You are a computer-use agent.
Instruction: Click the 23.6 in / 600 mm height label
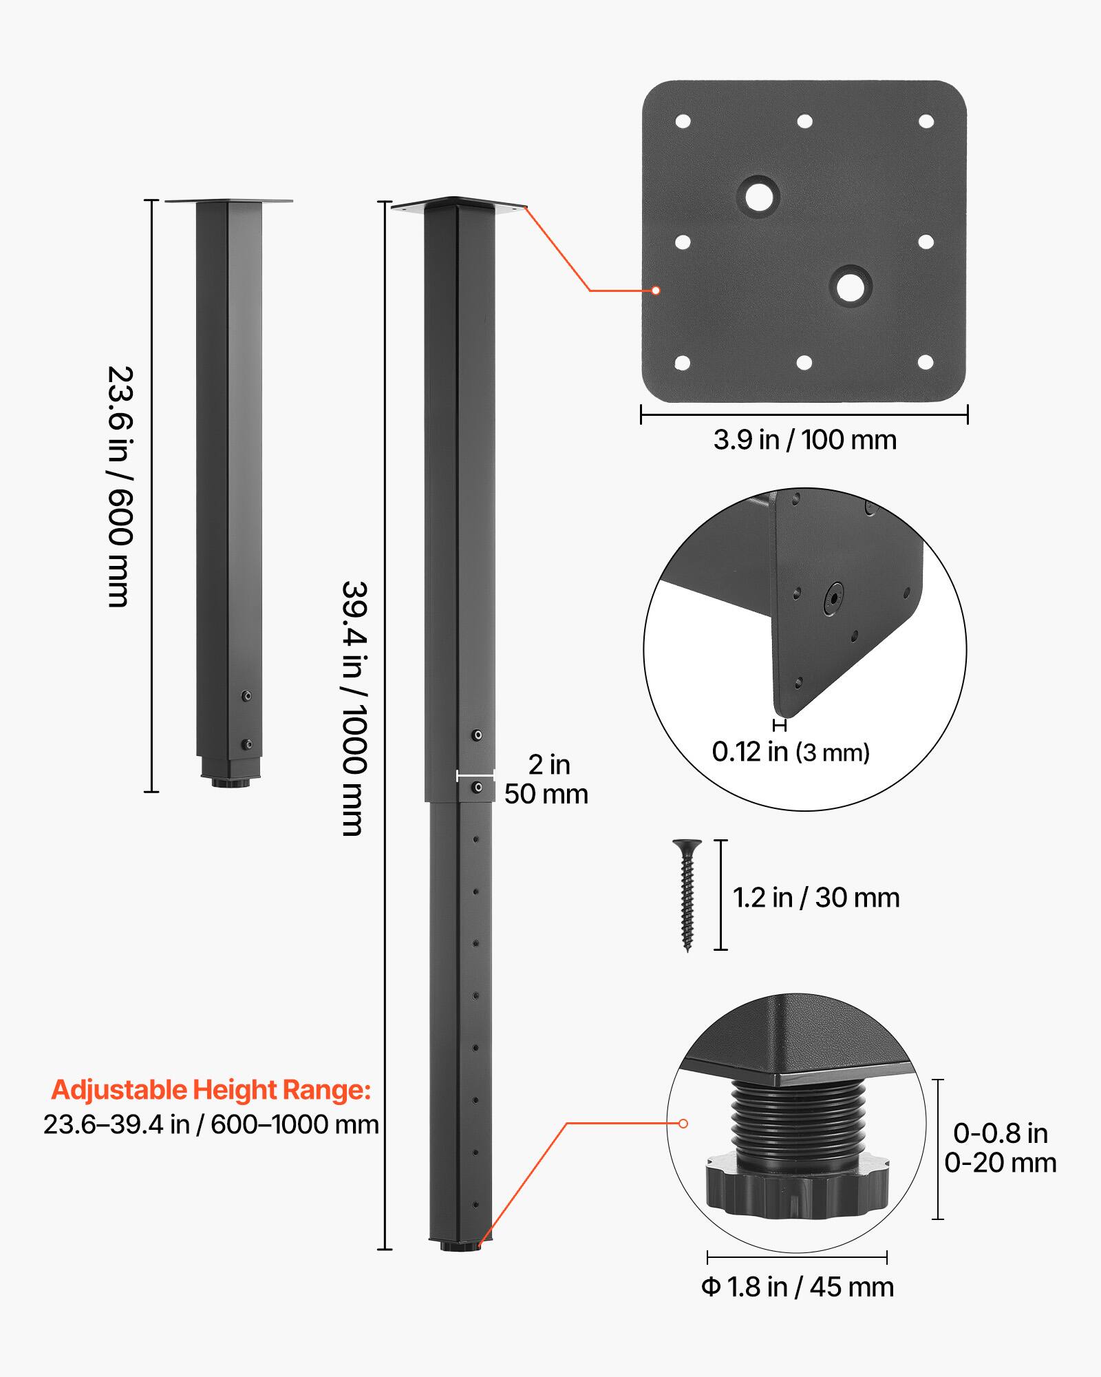click(118, 486)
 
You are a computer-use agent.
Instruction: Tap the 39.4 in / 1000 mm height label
click(355, 708)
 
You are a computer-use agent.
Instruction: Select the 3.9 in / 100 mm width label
click(804, 440)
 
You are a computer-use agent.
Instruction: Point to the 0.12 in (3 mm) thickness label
click(791, 752)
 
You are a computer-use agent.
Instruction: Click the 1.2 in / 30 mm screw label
click(816, 898)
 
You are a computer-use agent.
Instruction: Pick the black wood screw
click(687, 894)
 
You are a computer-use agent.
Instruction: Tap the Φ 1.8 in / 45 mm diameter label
click(798, 1287)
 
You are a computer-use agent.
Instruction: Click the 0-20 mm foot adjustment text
click(1000, 1163)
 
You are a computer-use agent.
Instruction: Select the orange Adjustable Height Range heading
click(211, 1090)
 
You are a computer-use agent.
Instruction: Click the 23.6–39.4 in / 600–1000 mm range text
click(211, 1125)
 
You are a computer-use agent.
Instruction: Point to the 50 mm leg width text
click(546, 795)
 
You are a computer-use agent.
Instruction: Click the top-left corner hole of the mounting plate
click(683, 122)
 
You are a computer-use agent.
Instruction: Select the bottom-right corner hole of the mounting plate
click(926, 362)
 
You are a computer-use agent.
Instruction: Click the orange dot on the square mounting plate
click(656, 291)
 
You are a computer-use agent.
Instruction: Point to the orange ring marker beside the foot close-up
click(683, 1123)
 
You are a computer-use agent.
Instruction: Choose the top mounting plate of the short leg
click(228, 201)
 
